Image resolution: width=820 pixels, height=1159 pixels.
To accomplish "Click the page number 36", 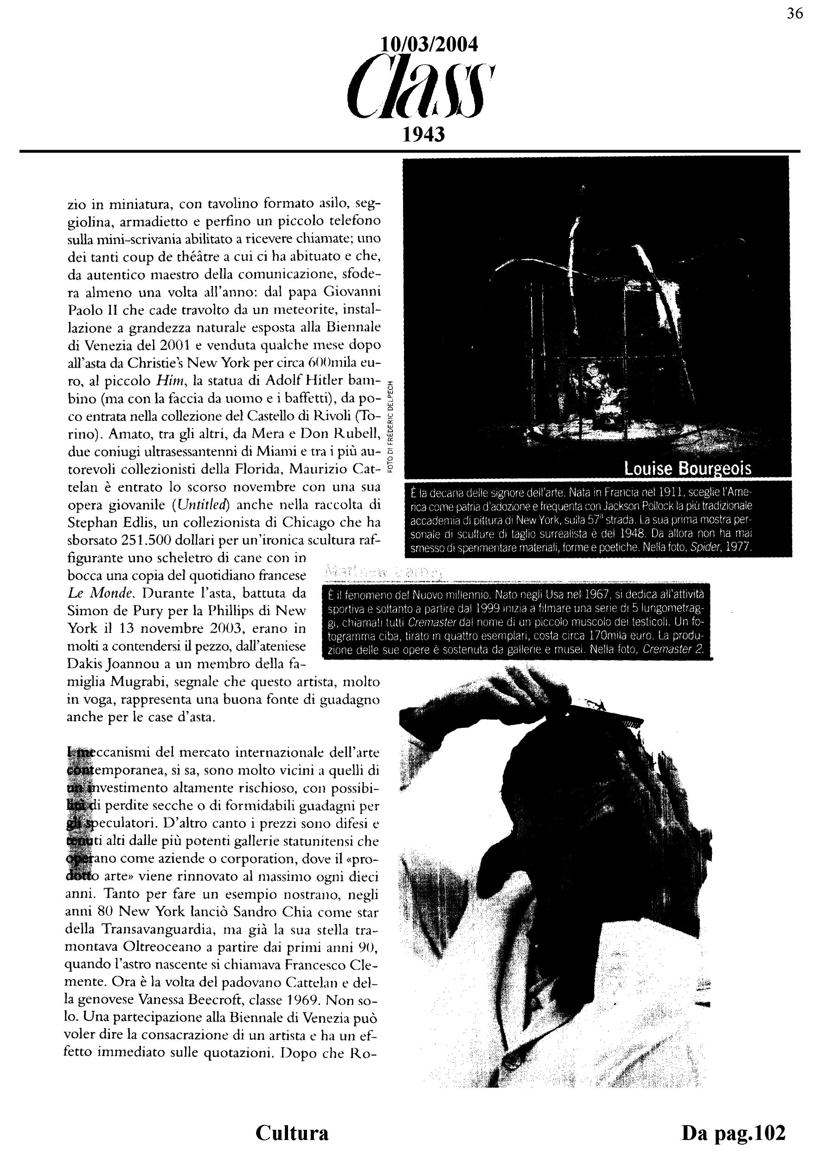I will pyautogui.click(x=795, y=14).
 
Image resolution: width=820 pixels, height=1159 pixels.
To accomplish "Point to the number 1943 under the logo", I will pyautogui.click(x=423, y=134).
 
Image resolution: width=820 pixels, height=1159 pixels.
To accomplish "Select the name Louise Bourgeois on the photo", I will pyautogui.click(x=688, y=469).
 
